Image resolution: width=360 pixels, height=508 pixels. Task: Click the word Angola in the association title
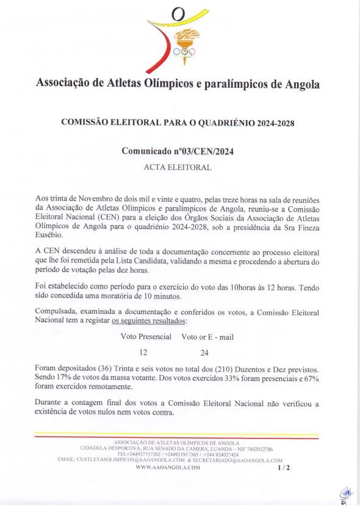click(x=303, y=84)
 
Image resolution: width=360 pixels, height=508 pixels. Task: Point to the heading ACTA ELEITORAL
click(x=178, y=167)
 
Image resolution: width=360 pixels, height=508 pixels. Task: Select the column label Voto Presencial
click(x=146, y=337)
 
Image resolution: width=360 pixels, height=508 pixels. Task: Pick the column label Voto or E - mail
click(x=207, y=337)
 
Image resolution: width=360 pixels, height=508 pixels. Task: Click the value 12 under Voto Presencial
click(x=143, y=352)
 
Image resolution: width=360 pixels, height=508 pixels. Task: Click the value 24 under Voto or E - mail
click(x=204, y=352)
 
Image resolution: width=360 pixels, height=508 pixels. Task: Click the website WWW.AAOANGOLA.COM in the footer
click(x=168, y=467)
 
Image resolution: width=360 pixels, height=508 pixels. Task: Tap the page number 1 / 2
click(x=284, y=468)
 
